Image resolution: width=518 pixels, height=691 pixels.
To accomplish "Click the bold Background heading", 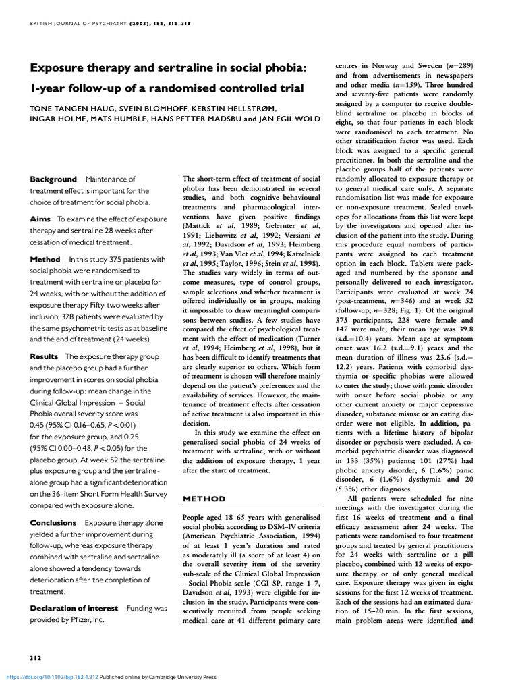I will tap(53, 179).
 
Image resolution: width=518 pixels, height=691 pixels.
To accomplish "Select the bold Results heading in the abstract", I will tap(44, 356).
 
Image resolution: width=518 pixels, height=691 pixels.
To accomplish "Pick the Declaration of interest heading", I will tap(74, 608).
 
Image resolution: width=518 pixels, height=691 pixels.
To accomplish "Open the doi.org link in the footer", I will tap(51, 677).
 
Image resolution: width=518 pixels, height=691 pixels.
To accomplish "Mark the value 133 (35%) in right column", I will tap(361, 441).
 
